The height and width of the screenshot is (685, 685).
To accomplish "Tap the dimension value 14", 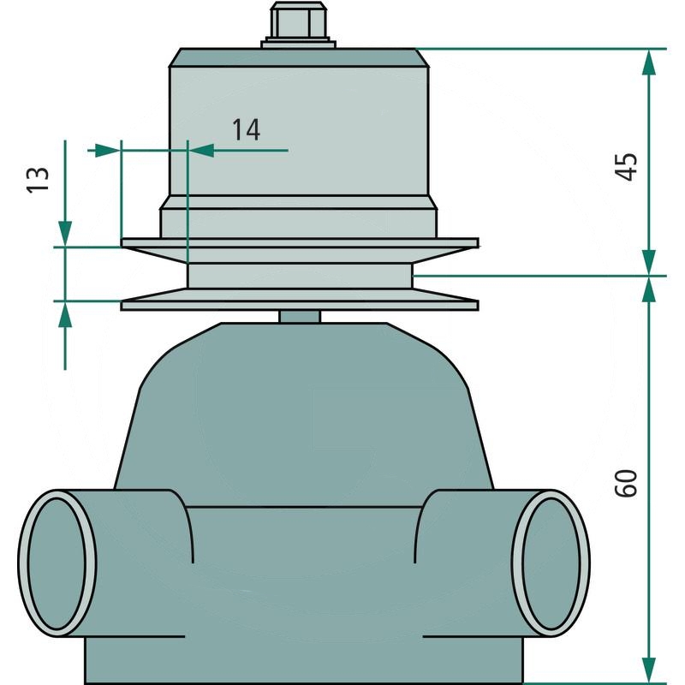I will click(246, 129).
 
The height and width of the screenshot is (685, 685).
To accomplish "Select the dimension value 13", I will click(37, 179).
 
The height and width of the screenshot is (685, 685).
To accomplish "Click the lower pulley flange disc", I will click(300, 303).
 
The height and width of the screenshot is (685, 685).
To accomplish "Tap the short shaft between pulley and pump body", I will click(300, 317).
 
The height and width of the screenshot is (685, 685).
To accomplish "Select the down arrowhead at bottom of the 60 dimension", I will click(650, 672).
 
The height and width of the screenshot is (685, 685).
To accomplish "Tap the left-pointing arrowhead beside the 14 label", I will click(200, 151).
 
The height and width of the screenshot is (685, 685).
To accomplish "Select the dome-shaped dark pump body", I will click(300, 411).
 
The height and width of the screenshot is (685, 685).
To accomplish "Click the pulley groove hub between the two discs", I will click(300, 274).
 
